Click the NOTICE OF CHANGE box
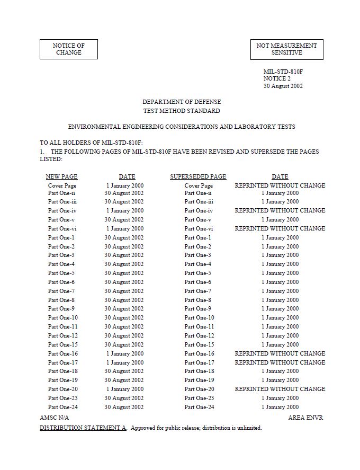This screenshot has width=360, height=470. pyautogui.click(x=69, y=49)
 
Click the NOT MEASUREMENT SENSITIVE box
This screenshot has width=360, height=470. pyautogui.click(x=286, y=49)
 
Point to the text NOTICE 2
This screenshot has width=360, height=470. pyautogui.click(x=277, y=78)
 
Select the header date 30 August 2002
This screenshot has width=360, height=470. pyautogui.click(x=283, y=86)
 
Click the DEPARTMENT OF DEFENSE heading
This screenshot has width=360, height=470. pyautogui.click(x=182, y=102)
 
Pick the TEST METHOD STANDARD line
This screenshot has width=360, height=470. pyautogui.click(x=182, y=111)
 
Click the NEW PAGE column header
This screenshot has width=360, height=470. pyautogui.click(x=61, y=176)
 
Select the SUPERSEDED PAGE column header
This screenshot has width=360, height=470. pyautogui.click(x=198, y=176)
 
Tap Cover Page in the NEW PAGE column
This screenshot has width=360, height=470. pyautogui.click(x=62, y=186)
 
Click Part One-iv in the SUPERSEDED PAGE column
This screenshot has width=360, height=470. pyautogui.click(x=199, y=210)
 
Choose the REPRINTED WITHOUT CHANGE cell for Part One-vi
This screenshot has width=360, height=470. pyautogui.click(x=280, y=228)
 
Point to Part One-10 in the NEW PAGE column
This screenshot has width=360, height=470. pyautogui.click(x=62, y=318)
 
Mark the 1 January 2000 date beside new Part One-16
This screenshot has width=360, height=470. pyautogui.click(x=124, y=353)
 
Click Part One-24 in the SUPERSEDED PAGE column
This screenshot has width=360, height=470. pyautogui.click(x=199, y=407)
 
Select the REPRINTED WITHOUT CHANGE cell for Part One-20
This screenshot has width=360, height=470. pyautogui.click(x=280, y=389)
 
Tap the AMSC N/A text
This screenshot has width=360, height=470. pyautogui.click(x=54, y=418)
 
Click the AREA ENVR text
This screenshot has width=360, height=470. pyautogui.click(x=305, y=418)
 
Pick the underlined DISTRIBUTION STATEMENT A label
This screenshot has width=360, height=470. pyautogui.click(x=83, y=428)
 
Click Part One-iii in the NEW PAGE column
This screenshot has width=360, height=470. pyautogui.click(x=62, y=201)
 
